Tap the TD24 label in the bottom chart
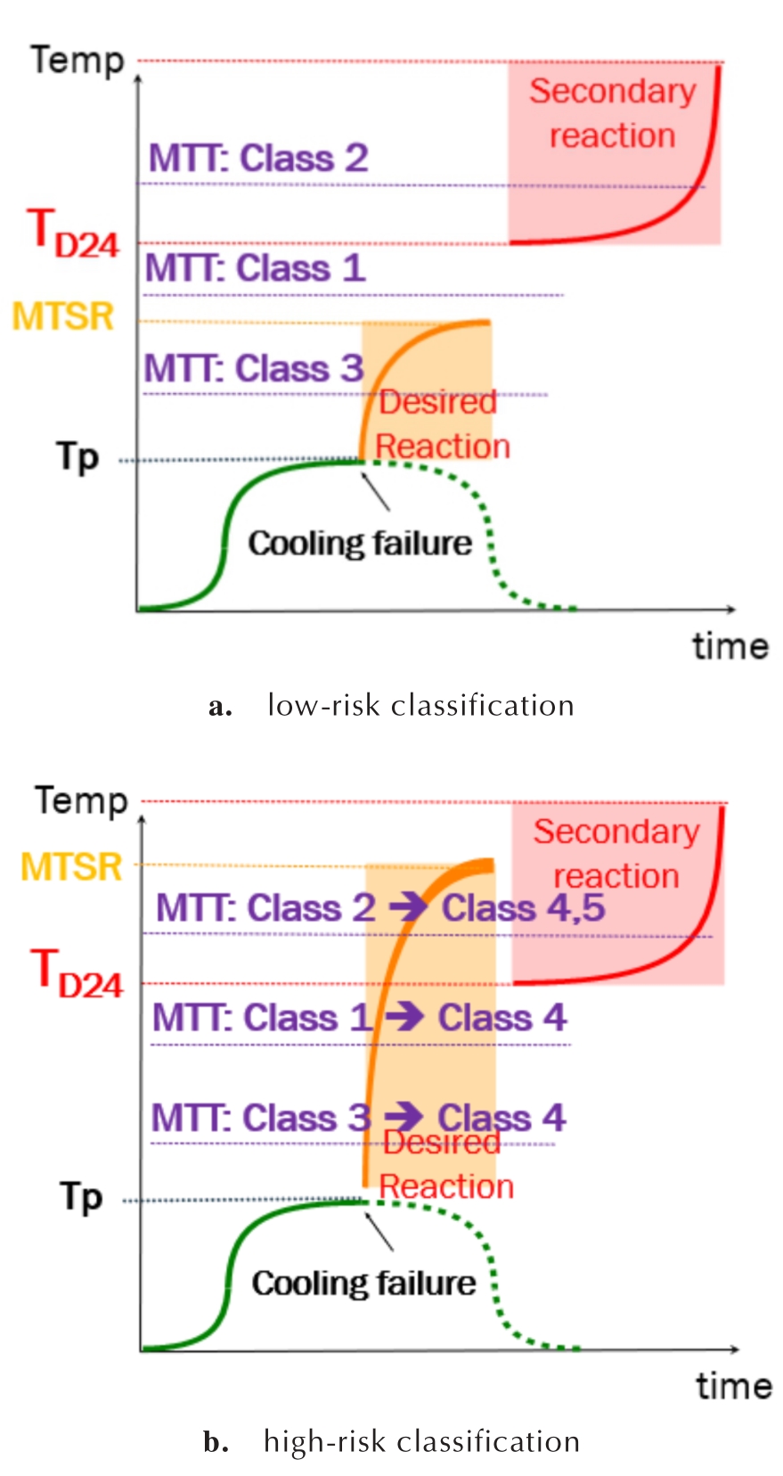(x=77, y=974)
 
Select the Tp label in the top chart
(x=77, y=456)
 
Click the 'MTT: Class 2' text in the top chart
(x=258, y=158)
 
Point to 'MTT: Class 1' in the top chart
(x=255, y=268)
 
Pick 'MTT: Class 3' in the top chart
(x=254, y=368)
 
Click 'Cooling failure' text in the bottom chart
(x=363, y=1283)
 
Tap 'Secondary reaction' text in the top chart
(x=613, y=112)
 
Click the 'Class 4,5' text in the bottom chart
(x=523, y=908)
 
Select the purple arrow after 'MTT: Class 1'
(x=405, y=1017)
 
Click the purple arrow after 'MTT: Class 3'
(x=404, y=1117)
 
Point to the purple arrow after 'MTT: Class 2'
(x=409, y=907)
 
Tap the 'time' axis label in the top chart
(x=730, y=646)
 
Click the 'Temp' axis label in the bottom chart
(x=81, y=800)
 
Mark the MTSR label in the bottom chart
(x=72, y=866)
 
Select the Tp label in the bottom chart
(x=82, y=1197)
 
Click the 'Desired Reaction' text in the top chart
(x=442, y=423)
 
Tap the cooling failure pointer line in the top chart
(x=375, y=492)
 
